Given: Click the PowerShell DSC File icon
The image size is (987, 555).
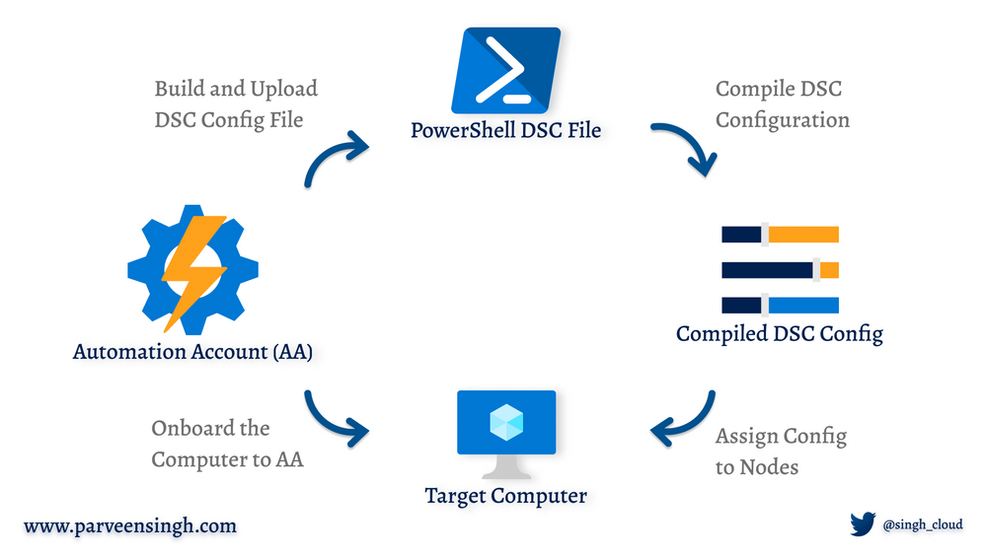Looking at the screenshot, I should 505,70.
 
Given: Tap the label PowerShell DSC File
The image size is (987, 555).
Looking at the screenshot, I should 505,130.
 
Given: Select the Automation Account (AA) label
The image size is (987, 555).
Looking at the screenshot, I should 192,352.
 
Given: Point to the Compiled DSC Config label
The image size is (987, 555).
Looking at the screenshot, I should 779,333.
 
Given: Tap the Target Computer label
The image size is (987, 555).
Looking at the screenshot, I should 505,495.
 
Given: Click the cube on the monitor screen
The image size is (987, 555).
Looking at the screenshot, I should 506,422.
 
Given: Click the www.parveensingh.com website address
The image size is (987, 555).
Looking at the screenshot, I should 130,525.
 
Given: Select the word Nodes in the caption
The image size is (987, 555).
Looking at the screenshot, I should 771,466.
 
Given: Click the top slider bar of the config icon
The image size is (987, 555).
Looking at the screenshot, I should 780,234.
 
